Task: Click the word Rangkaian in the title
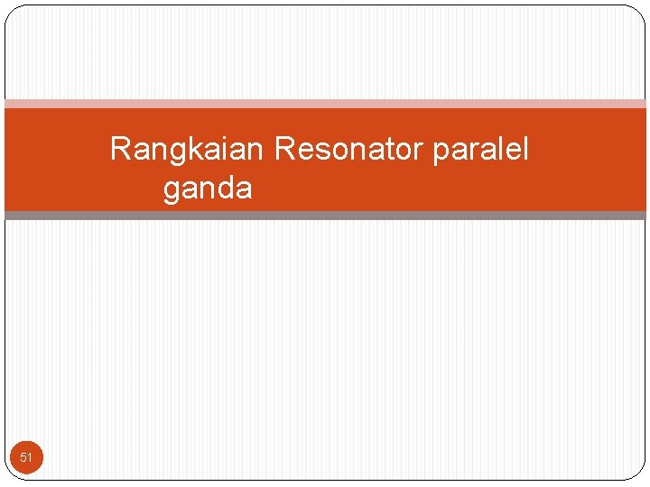click(x=187, y=149)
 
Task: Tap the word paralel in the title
click(x=480, y=150)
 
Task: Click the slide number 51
click(x=26, y=458)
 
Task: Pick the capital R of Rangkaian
click(x=119, y=149)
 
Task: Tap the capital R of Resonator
click(x=282, y=149)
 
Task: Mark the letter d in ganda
click(x=224, y=189)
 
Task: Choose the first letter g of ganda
click(x=172, y=192)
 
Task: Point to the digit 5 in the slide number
click(x=23, y=458)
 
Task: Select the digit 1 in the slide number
click(x=30, y=458)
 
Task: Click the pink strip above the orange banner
click(x=325, y=104)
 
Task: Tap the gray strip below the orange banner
click(x=325, y=216)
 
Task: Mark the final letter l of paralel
click(x=524, y=148)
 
